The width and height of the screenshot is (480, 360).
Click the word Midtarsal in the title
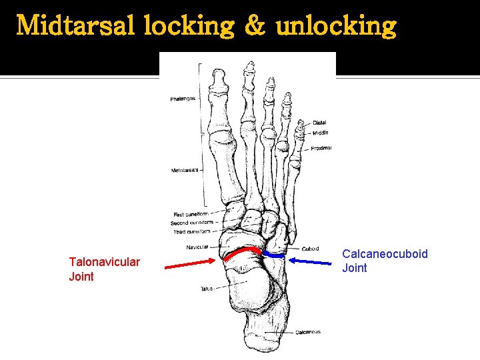tap(73, 26)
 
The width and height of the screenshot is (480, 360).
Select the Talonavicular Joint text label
tap(104, 269)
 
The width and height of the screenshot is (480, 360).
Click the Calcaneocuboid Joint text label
tap(385, 261)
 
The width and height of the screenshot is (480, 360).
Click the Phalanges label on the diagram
tap(183, 99)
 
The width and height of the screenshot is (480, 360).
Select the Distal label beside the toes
tap(319, 123)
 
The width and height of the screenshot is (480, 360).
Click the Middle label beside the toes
tap(321, 133)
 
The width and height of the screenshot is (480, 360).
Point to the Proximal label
tap(321, 148)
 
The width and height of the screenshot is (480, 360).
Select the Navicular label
tap(197, 247)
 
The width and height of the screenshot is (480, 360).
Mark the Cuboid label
tap(310, 249)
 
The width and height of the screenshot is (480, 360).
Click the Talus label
tap(206, 289)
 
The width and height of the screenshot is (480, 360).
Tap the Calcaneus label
tap(308, 331)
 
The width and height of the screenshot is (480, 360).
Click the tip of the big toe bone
tap(218, 72)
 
